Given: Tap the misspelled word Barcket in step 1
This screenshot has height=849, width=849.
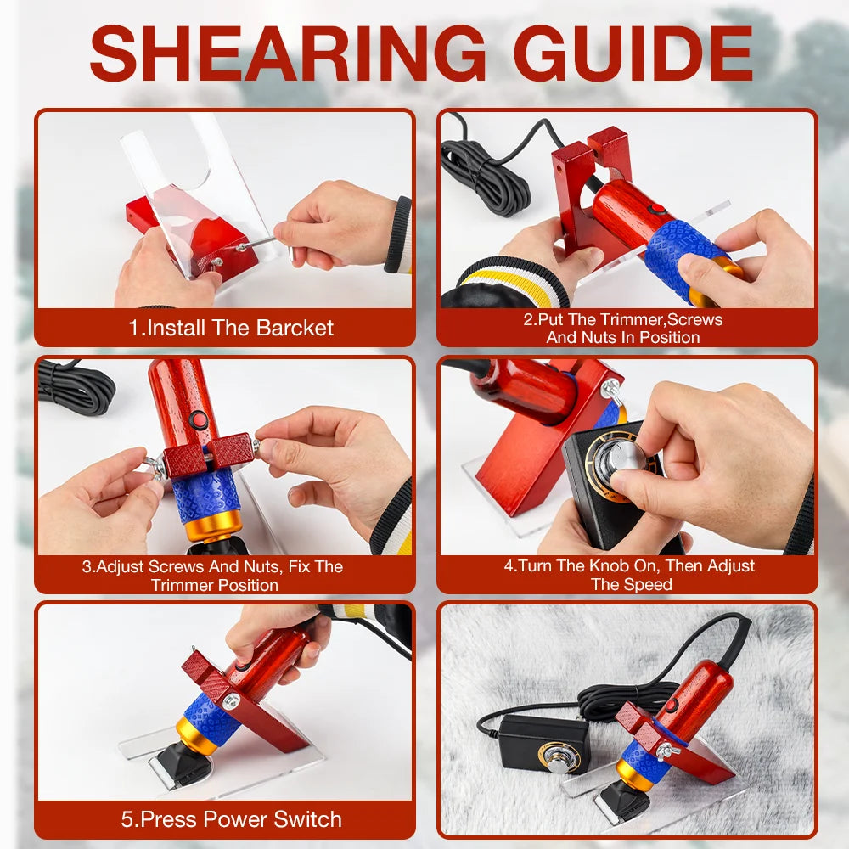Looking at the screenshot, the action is point(295,328).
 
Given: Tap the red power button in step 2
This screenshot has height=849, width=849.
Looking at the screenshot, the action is point(657,210).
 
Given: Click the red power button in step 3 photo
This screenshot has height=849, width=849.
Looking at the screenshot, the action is point(198,419).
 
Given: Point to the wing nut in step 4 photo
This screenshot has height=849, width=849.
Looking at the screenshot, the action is point(611,389).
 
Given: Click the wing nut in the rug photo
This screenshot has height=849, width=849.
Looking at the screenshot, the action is point(667,751).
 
